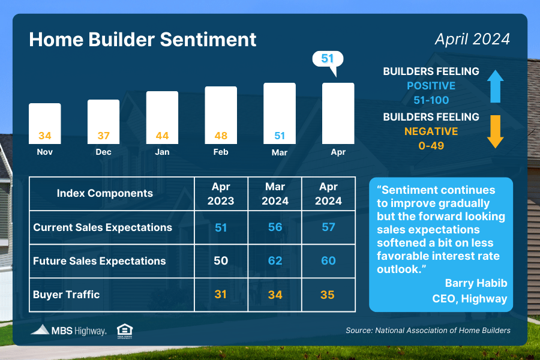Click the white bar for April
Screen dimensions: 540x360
tap(338, 113)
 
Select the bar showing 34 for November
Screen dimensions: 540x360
tap(45, 124)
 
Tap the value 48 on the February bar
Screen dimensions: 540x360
tap(221, 136)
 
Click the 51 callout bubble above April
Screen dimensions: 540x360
tap(328, 59)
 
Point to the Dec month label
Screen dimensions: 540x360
tap(103, 152)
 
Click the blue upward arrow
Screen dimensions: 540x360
tap(495, 86)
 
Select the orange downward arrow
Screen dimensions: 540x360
tap(495, 131)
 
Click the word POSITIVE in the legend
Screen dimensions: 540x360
tap(431, 85)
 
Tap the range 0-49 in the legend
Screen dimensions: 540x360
tap(431, 146)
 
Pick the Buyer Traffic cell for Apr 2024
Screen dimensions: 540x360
tap(328, 295)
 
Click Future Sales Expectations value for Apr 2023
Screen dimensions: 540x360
tap(221, 261)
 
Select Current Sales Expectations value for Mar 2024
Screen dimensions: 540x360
tap(275, 227)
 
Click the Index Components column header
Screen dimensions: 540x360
tap(104, 193)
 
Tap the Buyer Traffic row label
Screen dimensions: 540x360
tap(67, 295)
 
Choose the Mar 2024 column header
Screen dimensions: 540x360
tap(275, 194)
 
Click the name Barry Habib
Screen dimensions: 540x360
tap(476, 283)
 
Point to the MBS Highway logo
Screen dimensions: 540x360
tap(68, 331)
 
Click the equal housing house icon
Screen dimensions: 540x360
tap(125, 331)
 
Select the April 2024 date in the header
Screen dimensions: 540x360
tap(473, 39)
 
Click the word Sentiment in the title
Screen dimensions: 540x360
tap(208, 39)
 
